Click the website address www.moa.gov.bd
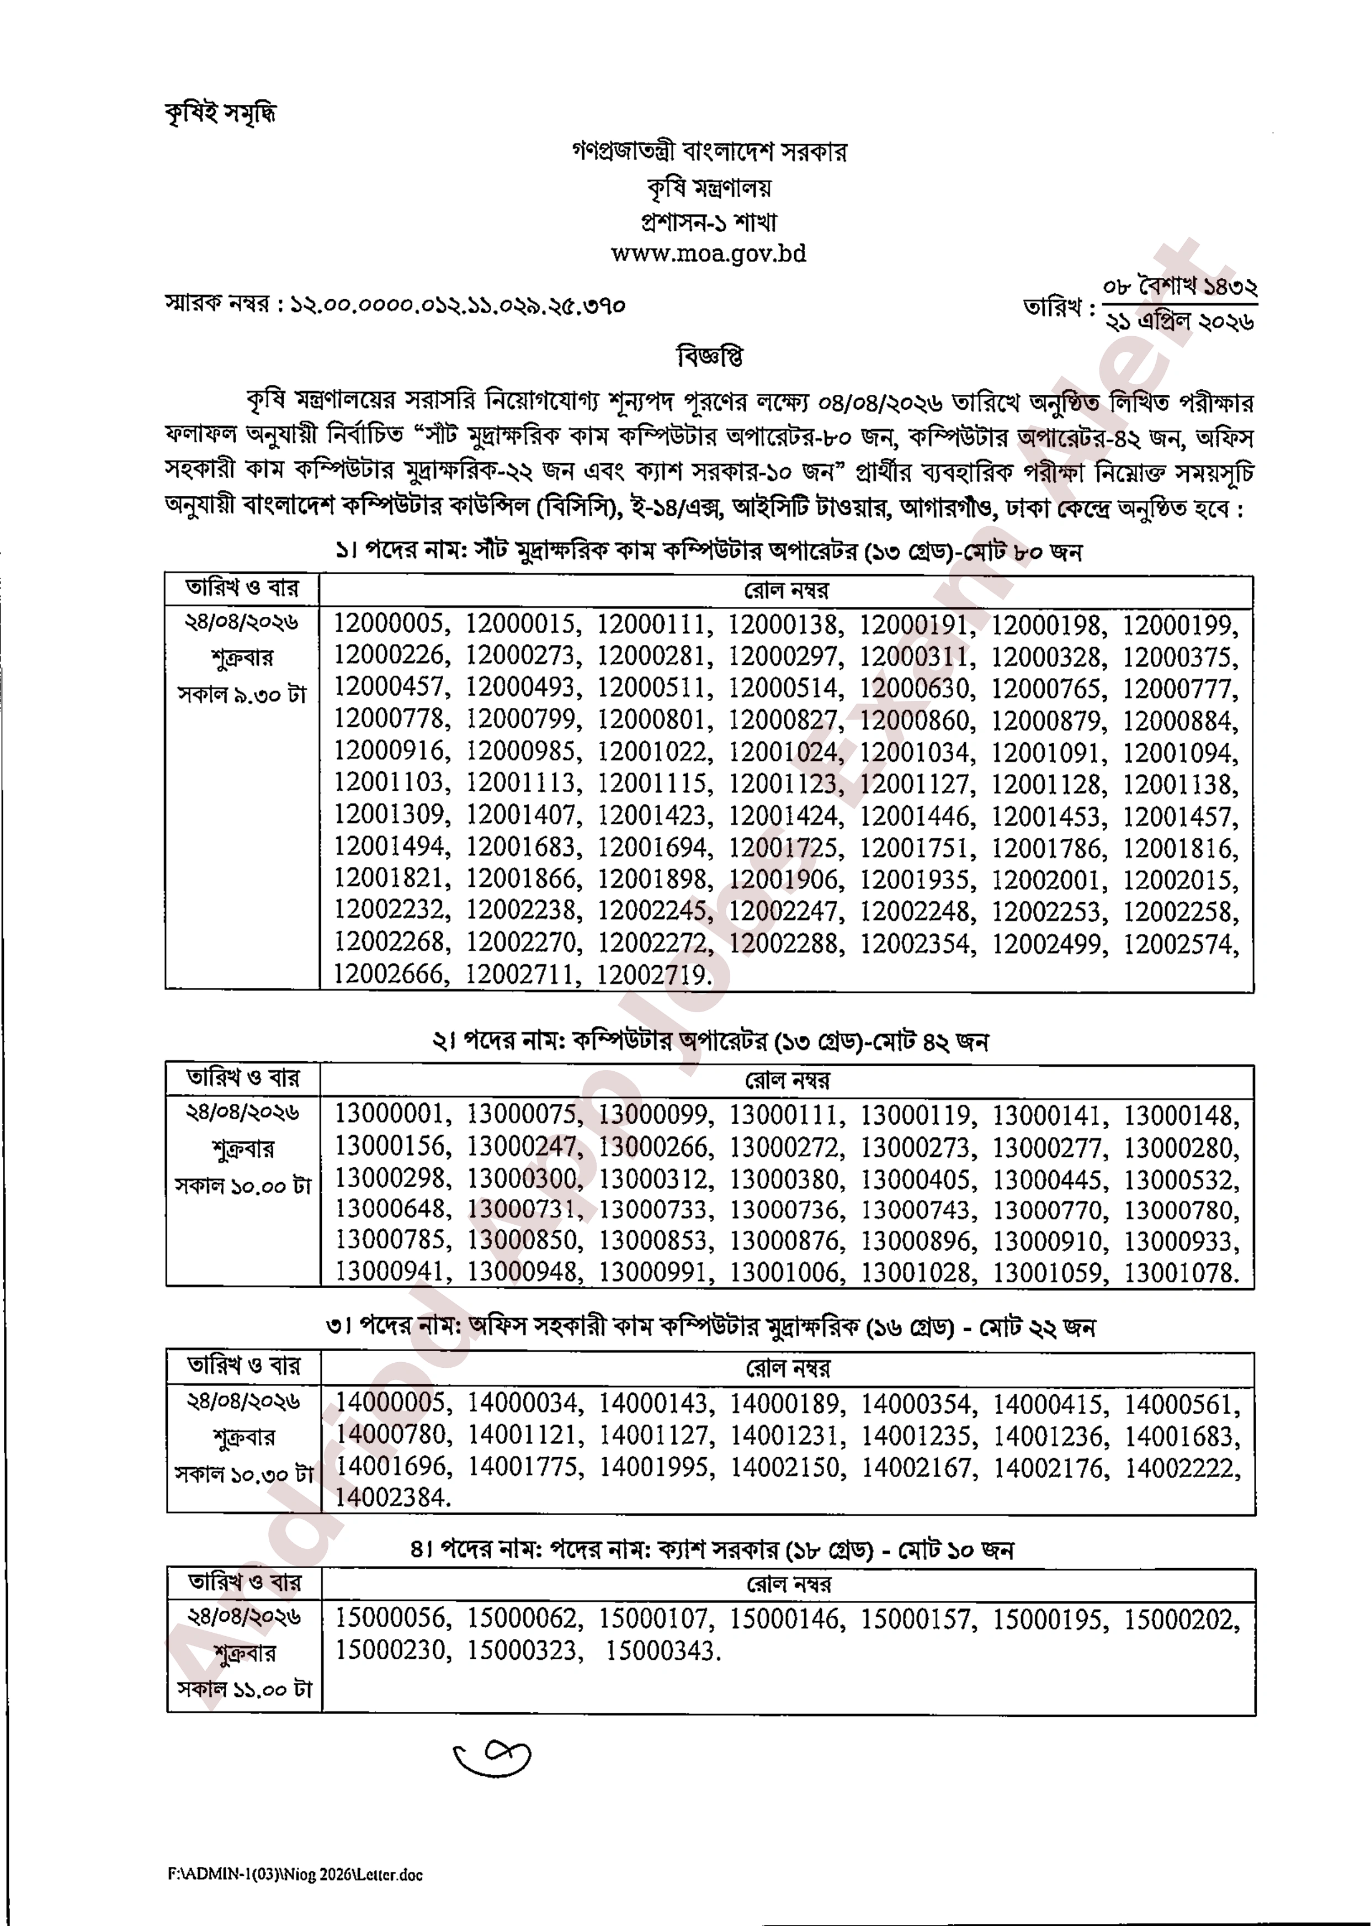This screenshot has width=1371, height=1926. coord(708,253)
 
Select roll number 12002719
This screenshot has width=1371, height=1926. coord(652,975)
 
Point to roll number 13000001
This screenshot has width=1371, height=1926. coord(389,1114)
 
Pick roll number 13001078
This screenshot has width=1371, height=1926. coord(1179,1273)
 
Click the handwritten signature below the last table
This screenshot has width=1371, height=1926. coord(492,1759)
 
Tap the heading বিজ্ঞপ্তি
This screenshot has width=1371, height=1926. coord(709,356)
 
